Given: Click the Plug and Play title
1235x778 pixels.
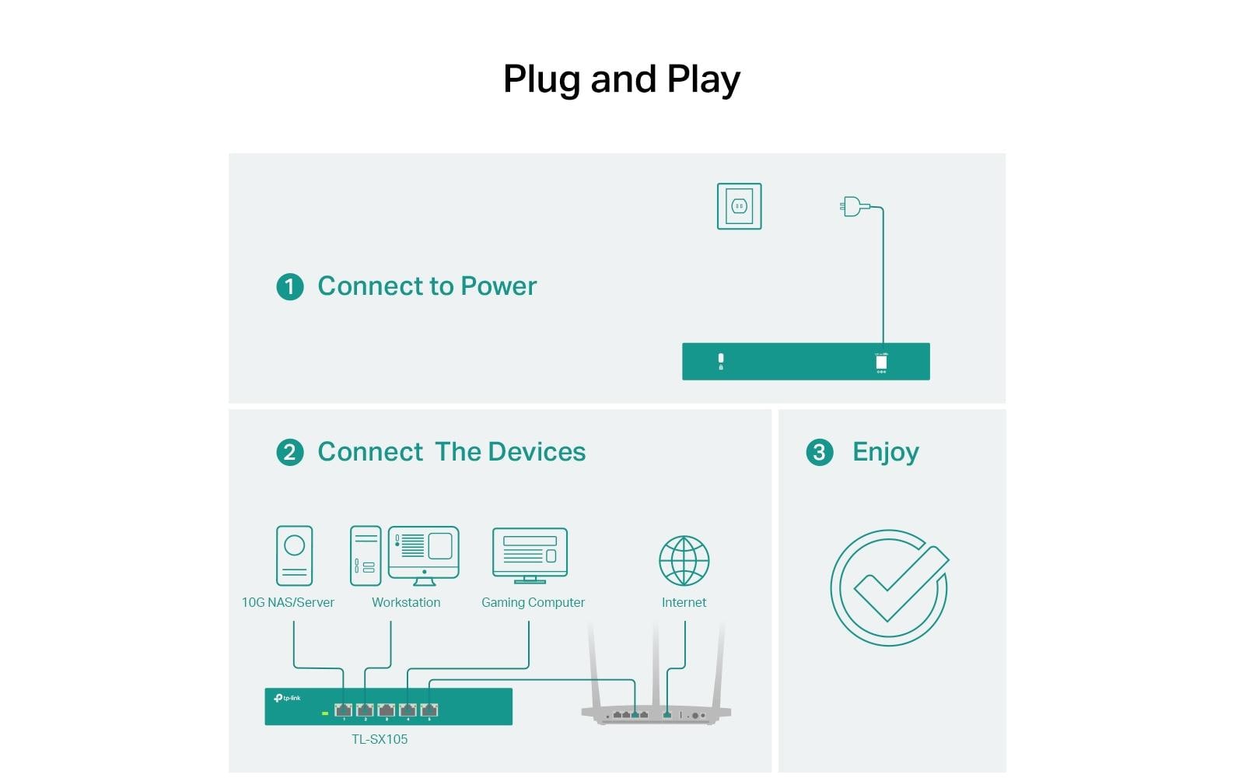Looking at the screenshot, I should [621, 79].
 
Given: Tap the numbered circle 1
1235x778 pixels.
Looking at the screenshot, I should [290, 287].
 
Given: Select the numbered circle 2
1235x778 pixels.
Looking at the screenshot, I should [290, 452].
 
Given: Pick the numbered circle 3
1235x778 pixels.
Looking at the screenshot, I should [819, 452].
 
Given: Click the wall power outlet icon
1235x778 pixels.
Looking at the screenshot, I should [739, 206].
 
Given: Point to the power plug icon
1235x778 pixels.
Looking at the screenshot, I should [853, 207].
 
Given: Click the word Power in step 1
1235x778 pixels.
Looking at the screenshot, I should [499, 286].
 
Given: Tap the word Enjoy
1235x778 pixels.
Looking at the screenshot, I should [886, 452].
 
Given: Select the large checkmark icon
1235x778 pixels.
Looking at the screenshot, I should [890, 587].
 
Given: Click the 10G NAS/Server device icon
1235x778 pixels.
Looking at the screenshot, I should [295, 555].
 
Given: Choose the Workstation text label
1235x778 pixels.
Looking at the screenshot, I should [406, 602].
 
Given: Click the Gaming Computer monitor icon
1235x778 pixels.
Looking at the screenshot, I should [530, 555].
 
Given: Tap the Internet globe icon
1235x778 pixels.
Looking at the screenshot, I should [684, 560].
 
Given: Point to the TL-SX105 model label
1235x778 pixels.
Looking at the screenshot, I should [380, 739].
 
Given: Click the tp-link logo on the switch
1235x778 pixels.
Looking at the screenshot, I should [287, 698].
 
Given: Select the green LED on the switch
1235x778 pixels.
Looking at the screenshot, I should [325, 713].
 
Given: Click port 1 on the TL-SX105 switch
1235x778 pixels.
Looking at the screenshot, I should [343, 710].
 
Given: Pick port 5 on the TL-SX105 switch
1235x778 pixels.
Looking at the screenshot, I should [429, 710].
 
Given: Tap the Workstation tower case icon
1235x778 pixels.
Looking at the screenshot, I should [366, 555].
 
